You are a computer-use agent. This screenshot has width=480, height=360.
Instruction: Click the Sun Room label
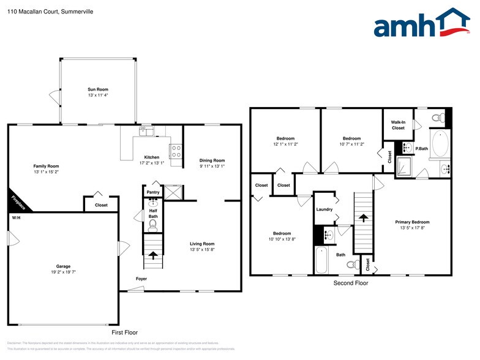98,90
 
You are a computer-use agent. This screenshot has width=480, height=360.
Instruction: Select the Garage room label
64,266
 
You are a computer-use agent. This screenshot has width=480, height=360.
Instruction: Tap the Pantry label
152,192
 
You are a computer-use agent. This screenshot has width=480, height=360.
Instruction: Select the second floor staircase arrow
363,217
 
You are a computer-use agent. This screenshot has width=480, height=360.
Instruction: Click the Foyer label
141,279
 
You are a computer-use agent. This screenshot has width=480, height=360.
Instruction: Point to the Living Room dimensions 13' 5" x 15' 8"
201,249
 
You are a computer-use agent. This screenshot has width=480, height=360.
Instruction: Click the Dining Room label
212,160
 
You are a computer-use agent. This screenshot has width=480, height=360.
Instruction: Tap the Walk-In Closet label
398,125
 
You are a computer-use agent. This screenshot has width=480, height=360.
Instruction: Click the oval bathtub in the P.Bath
440,144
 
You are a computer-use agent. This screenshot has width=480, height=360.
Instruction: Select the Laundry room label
324,209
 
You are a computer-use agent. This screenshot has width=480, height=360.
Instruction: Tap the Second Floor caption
351,283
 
